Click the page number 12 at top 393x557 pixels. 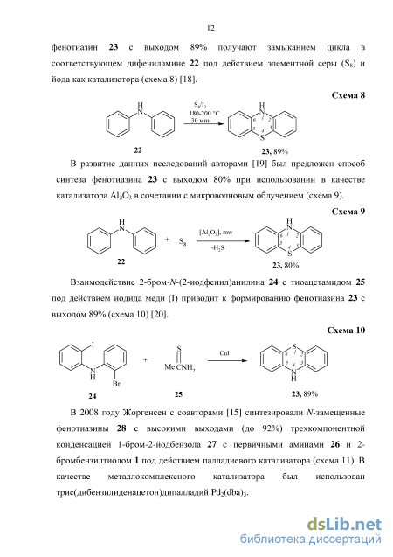pos(210,28)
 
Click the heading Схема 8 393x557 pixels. pos(348,95)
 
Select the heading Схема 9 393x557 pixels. pos(348,212)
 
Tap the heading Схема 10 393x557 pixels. pos(346,331)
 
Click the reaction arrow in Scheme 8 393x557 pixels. pos(203,123)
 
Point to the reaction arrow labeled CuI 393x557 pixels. pos(227,361)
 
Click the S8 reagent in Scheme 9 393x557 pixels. pos(183,242)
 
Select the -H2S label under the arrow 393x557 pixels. pos(217,248)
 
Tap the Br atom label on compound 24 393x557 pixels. pos(116,384)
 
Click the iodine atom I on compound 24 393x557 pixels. pos(93,345)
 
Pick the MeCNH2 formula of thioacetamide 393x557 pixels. pos(180,367)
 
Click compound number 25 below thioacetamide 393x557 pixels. pos(178,394)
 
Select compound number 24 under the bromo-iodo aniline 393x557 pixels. pos(93,396)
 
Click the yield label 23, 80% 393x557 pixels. pos(286,265)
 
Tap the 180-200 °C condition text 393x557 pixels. pos(204,114)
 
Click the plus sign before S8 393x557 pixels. pos(167,240)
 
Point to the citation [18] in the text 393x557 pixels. pos(188,80)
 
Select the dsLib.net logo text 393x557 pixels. pos(344,525)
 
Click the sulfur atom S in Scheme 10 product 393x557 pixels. pos(293,345)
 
